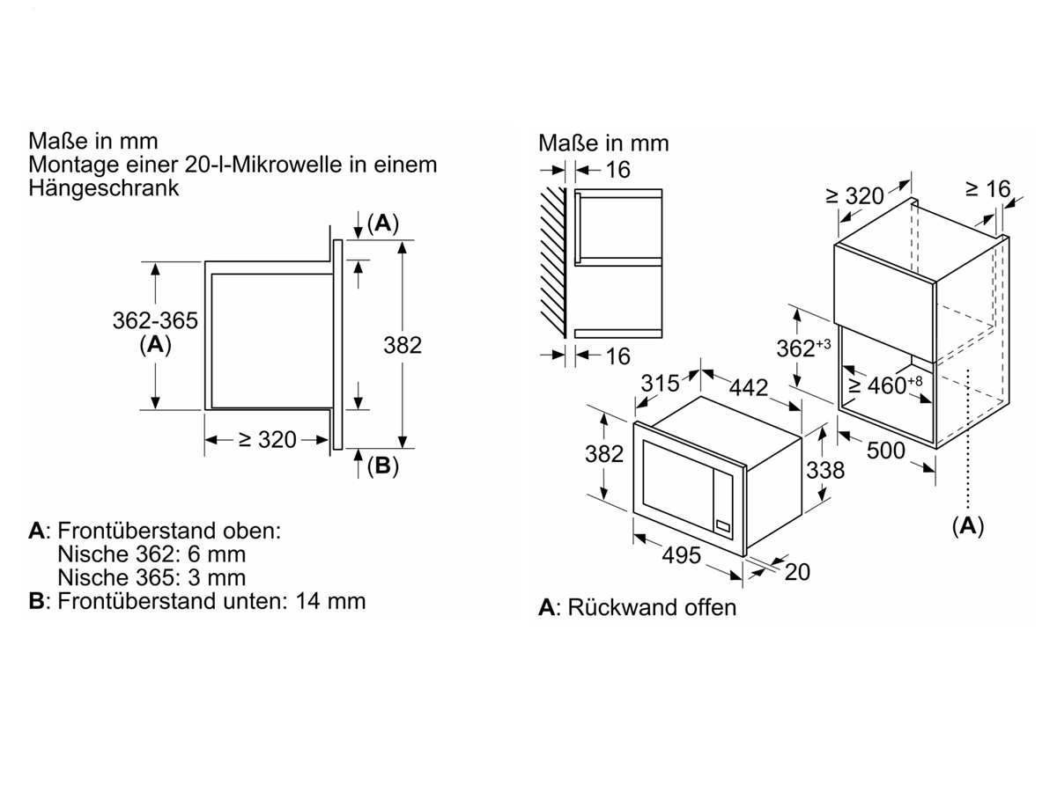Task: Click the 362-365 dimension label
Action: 155,320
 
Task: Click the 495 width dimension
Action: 682,555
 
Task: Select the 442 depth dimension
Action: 749,387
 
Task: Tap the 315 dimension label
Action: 660,384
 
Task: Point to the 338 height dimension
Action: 825,470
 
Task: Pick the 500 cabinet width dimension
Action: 885,451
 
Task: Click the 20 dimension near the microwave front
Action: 797,572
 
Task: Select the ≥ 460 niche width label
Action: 885,385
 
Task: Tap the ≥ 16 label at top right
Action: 987,189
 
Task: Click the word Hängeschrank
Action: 104,188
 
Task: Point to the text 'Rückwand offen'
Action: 652,608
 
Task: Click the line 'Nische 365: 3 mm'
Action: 152,577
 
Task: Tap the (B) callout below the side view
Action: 383,466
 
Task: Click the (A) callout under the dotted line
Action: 968,525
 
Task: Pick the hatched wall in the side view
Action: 553,262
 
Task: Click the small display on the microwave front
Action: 723,526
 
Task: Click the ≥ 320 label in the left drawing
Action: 268,439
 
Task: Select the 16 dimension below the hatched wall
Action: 617,356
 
